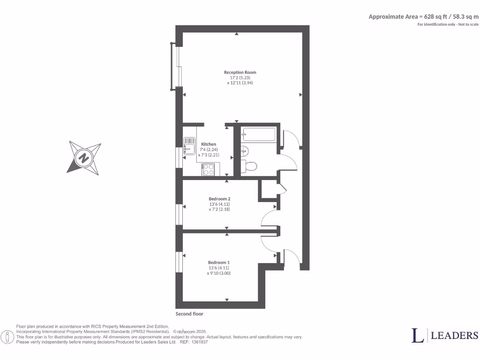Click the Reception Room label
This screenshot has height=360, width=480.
point(240,72)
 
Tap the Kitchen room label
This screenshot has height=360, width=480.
point(209,144)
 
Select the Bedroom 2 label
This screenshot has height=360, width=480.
point(219,199)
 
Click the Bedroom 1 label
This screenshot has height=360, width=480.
point(219,262)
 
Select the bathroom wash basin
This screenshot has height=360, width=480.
point(244,150)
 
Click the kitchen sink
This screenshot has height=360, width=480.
point(189,145)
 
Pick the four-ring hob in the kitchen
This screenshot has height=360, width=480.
point(208,169)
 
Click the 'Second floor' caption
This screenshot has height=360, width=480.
point(189,314)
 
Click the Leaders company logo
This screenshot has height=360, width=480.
point(445,335)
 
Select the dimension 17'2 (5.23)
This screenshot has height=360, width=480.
point(240,77)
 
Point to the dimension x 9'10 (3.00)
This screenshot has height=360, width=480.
point(219,273)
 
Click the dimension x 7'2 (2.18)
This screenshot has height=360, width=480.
point(219,209)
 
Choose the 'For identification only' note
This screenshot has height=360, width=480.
point(448,24)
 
